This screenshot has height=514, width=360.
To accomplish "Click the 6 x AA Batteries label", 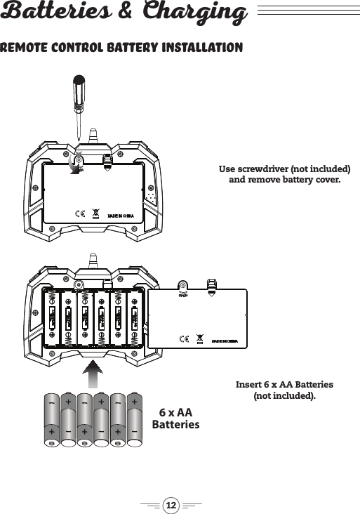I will click(176, 419).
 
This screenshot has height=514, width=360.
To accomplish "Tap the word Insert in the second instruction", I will click(249, 385).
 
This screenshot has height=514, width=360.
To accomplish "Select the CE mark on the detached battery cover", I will click(184, 340).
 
